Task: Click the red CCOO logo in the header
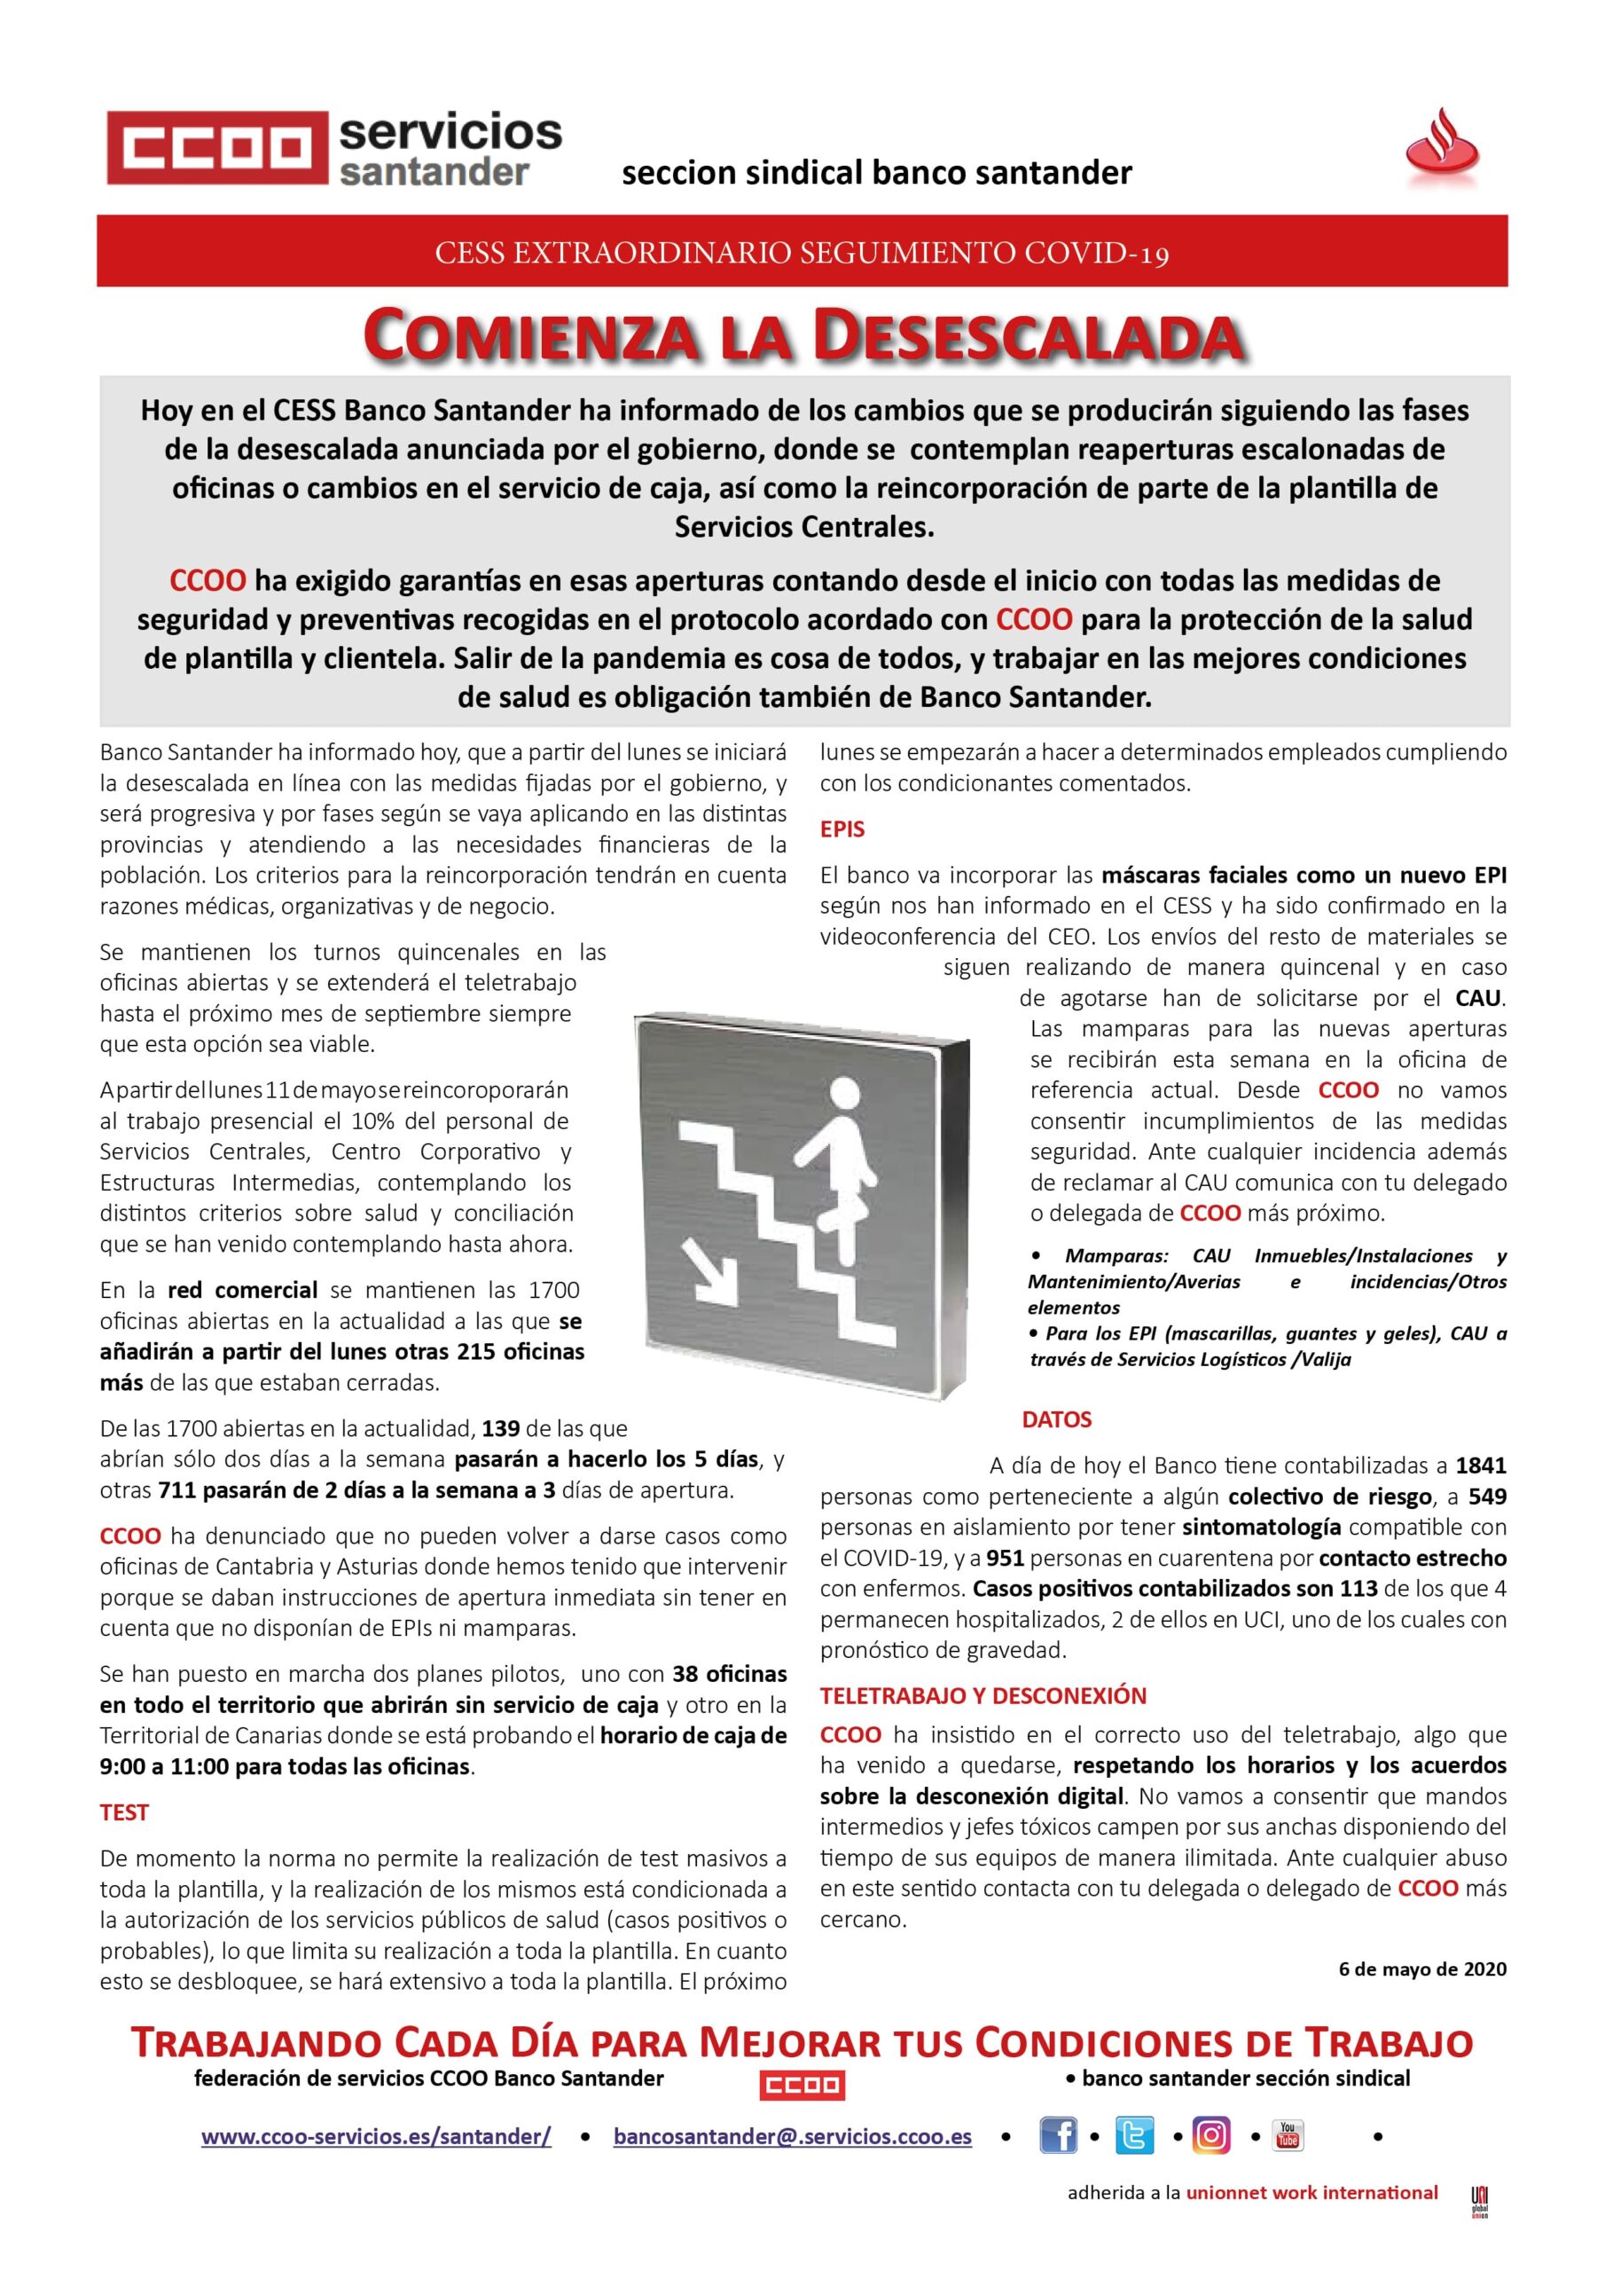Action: pos(217,148)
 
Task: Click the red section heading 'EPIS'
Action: pos(842,829)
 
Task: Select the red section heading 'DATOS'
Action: pos(1056,1419)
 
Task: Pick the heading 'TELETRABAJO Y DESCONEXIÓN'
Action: pos(983,1695)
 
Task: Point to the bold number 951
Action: pos(1004,1558)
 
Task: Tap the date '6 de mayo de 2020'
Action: pos(1422,1968)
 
